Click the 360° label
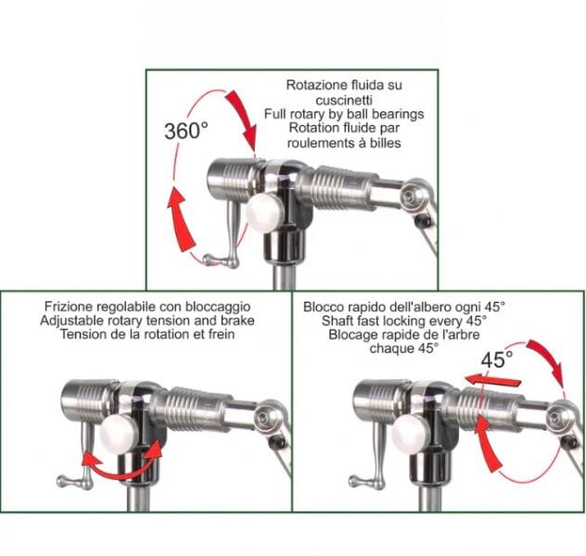[186, 131]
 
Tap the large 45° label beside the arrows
[497, 360]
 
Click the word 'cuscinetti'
[344, 100]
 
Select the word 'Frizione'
[69, 306]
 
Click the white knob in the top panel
[264, 212]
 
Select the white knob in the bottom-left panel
[119, 435]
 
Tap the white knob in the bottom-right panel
[410, 435]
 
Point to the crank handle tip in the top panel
[209, 259]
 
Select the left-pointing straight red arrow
[492, 380]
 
